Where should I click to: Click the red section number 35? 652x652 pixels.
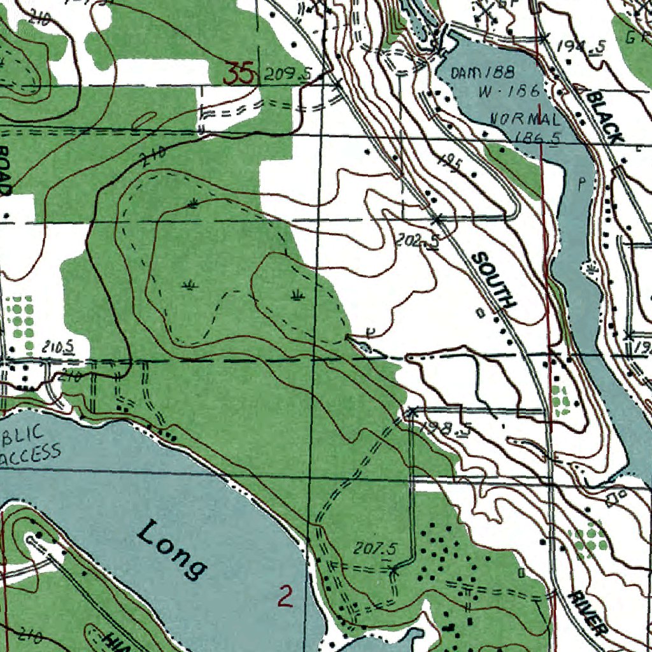click(x=240, y=74)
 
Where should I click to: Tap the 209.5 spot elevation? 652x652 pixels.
click(x=287, y=74)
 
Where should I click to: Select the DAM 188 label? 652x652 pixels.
click(x=483, y=73)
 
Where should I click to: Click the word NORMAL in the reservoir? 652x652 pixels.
click(x=525, y=119)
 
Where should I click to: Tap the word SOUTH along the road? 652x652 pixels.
click(x=494, y=280)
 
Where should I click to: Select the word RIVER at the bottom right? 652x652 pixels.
click(x=586, y=613)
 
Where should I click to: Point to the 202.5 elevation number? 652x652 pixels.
click(x=417, y=241)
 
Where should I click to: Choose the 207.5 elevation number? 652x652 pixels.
click(x=376, y=548)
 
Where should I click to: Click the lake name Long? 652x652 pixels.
click(x=173, y=549)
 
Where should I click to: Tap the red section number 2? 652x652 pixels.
click(x=286, y=596)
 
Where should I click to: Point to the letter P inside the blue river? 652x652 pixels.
click(x=581, y=185)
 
